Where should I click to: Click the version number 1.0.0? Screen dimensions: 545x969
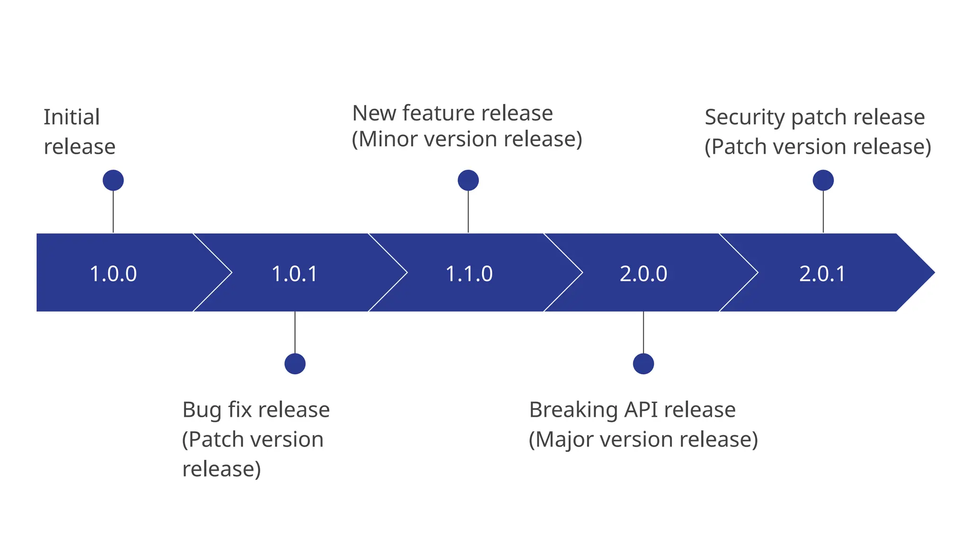point(113,274)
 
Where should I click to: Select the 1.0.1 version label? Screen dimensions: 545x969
point(295,274)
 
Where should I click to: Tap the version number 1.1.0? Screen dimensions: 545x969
point(469,274)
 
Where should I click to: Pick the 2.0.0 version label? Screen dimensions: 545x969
point(643,274)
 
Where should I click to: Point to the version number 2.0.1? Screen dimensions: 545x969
point(822,274)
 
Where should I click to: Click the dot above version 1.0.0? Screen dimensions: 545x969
point(113,180)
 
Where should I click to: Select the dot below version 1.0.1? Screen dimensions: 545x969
point(295,364)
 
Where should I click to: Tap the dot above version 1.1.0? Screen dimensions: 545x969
point(468,180)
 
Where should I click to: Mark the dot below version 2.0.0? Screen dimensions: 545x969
point(643,364)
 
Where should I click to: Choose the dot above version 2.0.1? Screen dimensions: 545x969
point(823,180)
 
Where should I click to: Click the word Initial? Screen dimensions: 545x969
point(71,117)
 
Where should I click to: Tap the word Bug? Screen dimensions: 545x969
point(202,410)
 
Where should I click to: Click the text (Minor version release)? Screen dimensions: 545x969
point(467,139)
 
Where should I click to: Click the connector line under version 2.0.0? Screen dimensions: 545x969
point(643,332)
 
